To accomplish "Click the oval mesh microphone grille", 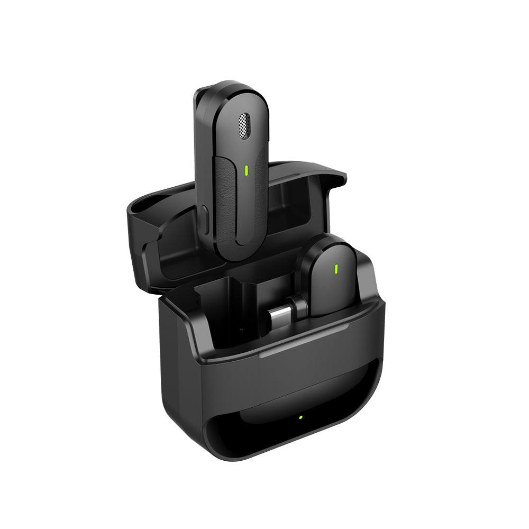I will pyautogui.click(x=244, y=126).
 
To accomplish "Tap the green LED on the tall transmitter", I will pyautogui.click(x=247, y=170).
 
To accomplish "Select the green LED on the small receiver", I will pyautogui.click(x=335, y=268).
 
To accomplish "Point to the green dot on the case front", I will pyautogui.click(x=300, y=417).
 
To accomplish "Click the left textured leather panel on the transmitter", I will pyautogui.click(x=225, y=206).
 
